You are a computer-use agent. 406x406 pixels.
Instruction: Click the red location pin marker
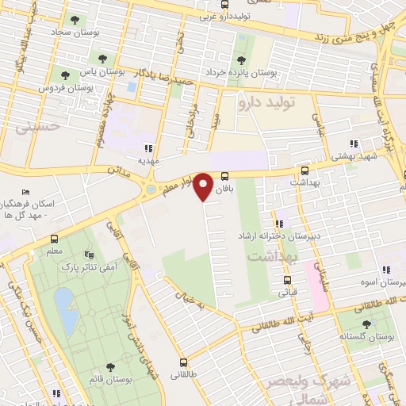[x=204, y=186]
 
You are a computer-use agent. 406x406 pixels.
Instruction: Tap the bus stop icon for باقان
[x=225, y=176]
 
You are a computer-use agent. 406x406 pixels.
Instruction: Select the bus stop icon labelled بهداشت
[x=304, y=170]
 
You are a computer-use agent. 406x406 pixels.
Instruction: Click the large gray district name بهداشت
[x=270, y=257]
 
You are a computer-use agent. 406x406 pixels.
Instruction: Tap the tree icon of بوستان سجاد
[x=75, y=20]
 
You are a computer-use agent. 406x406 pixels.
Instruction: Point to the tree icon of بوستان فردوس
[x=64, y=75]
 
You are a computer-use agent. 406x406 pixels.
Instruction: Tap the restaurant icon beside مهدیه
[x=147, y=147]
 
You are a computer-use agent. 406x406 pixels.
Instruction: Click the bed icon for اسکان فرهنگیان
[x=25, y=193]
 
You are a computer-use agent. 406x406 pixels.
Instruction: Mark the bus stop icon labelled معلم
[x=54, y=239]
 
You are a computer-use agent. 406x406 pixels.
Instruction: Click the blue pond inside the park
[x=66, y=310]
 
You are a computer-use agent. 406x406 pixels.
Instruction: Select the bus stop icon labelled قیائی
[x=288, y=279]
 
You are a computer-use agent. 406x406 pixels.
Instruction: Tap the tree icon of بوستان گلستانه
[x=366, y=324]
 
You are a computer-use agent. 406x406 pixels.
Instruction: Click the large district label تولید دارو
[x=266, y=102]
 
